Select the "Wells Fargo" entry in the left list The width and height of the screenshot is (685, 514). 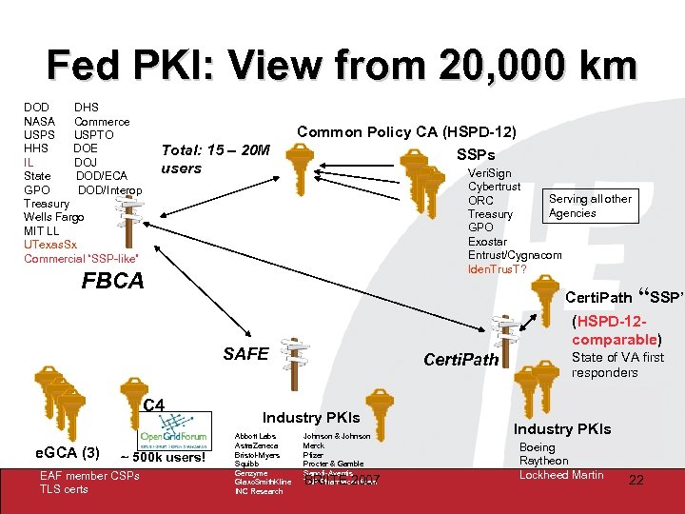(53, 217)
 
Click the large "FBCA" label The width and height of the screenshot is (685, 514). (113, 281)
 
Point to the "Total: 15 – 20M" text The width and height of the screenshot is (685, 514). (217, 150)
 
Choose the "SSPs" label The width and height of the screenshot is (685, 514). (476, 154)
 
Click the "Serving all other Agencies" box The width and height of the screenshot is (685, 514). (589, 206)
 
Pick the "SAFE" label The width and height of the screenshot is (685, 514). (246, 354)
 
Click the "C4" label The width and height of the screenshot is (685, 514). (153, 406)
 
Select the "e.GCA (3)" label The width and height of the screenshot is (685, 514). (67, 451)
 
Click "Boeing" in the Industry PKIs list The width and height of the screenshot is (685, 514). (538, 446)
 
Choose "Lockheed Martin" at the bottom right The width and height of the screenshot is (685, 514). (561, 474)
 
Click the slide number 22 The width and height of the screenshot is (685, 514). (636, 481)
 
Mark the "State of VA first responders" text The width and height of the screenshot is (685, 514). (617, 365)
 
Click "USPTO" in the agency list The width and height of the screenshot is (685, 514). (94, 135)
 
